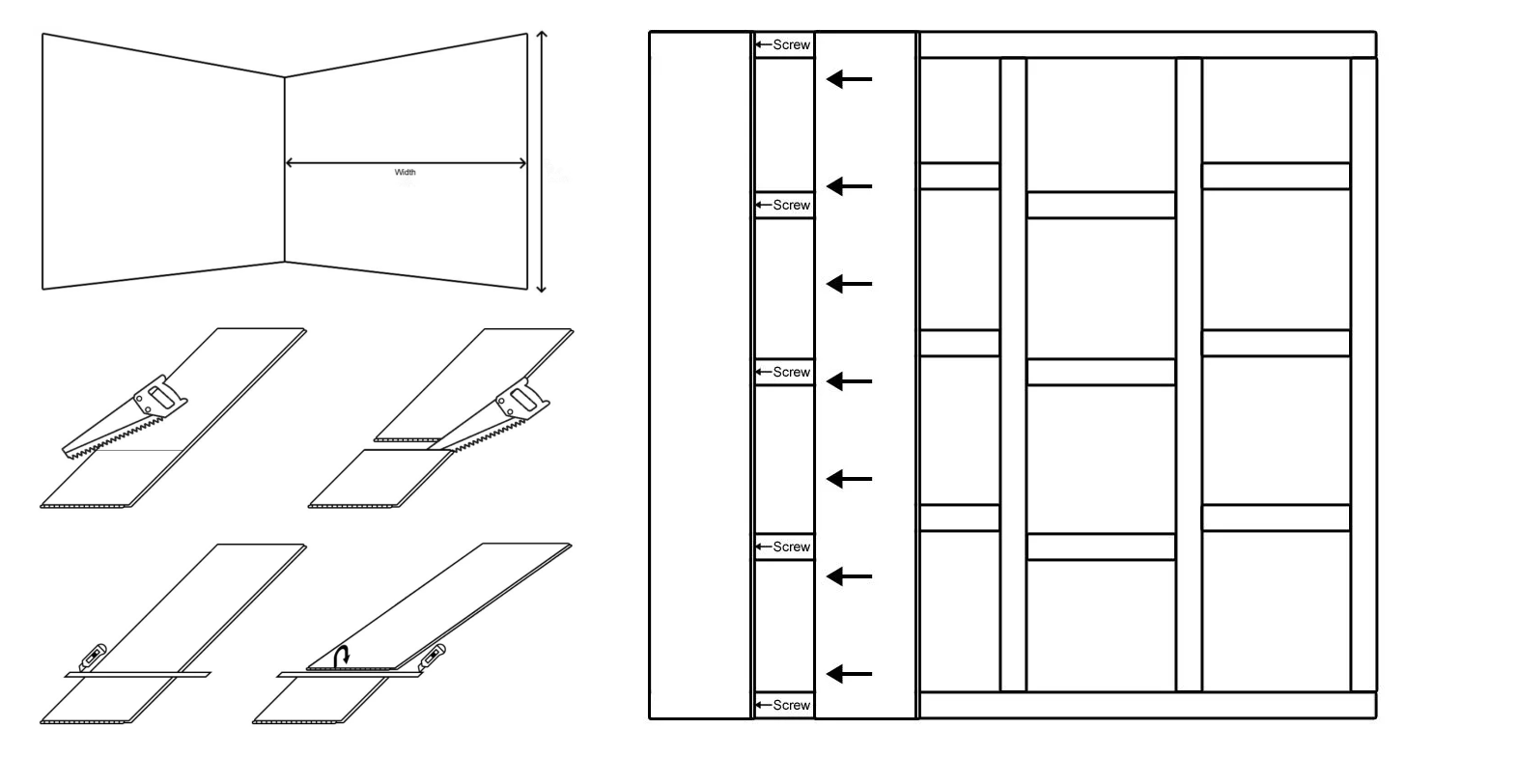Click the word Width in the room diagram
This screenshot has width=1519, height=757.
pyautogui.click(x=405, y=172)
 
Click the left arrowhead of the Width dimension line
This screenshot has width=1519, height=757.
pyautogui.click(x=290, y=163)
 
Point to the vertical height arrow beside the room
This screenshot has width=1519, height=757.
pyautogui.click(x=541, y=162)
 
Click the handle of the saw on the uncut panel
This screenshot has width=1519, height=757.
pyautogui.click(x=160, y=396)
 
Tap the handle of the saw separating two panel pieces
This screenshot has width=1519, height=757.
pyautogui.click(x=522, y=400)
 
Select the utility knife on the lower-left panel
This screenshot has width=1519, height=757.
pyautogui.click(x=93, y=657)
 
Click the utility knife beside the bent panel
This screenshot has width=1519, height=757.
pyautogui.click(x=432, y=657)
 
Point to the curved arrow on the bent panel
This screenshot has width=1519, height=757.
pyautogui.click(x=343, y=656)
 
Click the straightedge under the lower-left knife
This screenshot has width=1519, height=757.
pyautogui.click(x=138, y=674)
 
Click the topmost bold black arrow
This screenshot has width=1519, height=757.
pyautogui.click(x=849, y=79)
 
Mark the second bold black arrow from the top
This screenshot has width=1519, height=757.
pyautogui.click(x=849, y=185)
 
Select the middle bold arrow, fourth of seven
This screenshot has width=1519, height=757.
pyautogui.click(x=849, y=381)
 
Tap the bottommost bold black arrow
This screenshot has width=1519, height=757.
pyautogui.click(x=849, y=674)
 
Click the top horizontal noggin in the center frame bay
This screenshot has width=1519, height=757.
pyautogui.click(x=1101, y=205)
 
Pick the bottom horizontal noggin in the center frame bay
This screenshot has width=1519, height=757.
pyautogui.click(x=1101, y=547)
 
